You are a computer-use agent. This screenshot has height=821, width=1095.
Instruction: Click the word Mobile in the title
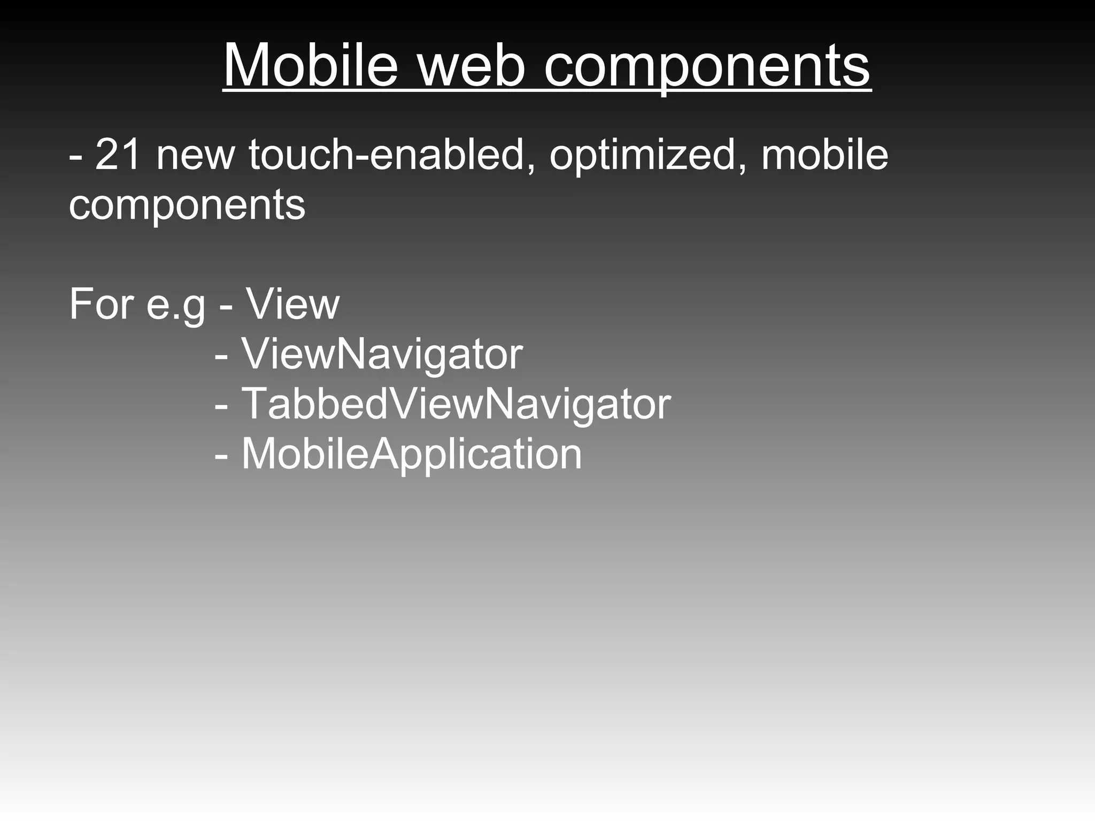click(x=310, y=65)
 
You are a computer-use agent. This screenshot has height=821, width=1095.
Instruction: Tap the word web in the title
click(x=471, y=65)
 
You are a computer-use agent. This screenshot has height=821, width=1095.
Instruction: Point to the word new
click(x=196, y=156)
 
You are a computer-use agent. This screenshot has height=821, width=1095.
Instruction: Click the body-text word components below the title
click(x=187, y=206)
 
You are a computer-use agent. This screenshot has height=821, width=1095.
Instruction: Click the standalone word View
click(x=293, y=304)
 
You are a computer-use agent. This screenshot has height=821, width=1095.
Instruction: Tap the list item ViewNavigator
click(x=382, y=354)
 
